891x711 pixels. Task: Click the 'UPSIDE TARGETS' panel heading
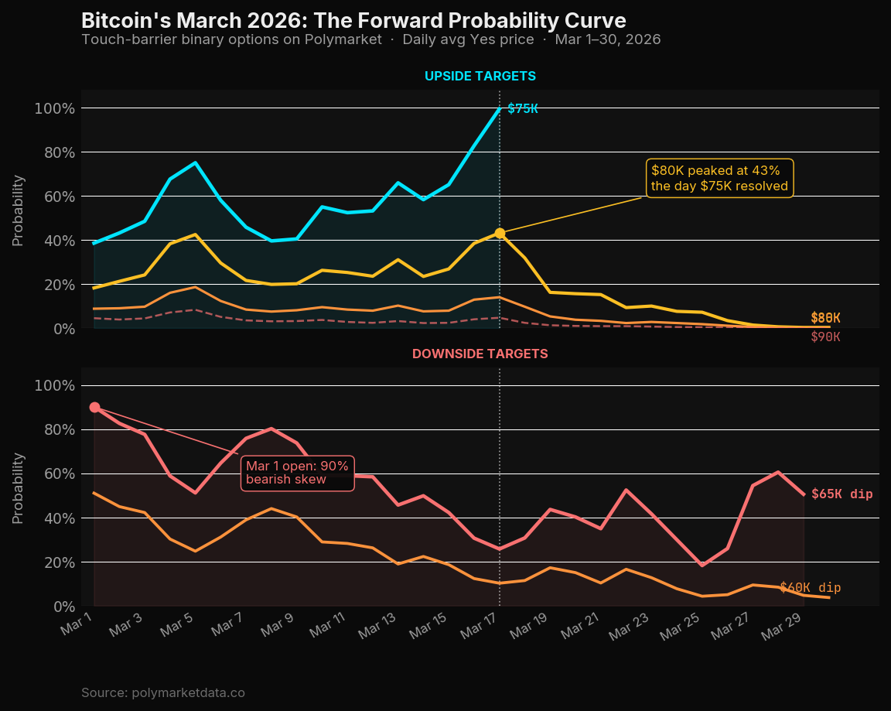(480, 76)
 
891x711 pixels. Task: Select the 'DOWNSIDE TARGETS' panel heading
(480, 354)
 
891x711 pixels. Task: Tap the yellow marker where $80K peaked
(500, 233)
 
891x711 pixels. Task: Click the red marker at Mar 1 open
(94, 407)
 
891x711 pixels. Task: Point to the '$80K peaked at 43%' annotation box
(719, 178)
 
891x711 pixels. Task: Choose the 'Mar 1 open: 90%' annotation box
(298, 472)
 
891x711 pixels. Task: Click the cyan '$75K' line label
(523, 108)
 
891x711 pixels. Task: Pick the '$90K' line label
(825, 337)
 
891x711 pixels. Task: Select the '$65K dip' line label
(841, 494)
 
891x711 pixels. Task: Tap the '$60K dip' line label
(810, 588)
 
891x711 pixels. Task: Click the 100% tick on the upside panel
(54, 108)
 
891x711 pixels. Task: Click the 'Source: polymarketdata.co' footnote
(162, 692)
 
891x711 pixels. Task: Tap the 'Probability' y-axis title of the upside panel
(19, 210)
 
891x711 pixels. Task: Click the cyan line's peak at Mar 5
(195, 162)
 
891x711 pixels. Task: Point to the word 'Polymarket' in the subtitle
(345, 39)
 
